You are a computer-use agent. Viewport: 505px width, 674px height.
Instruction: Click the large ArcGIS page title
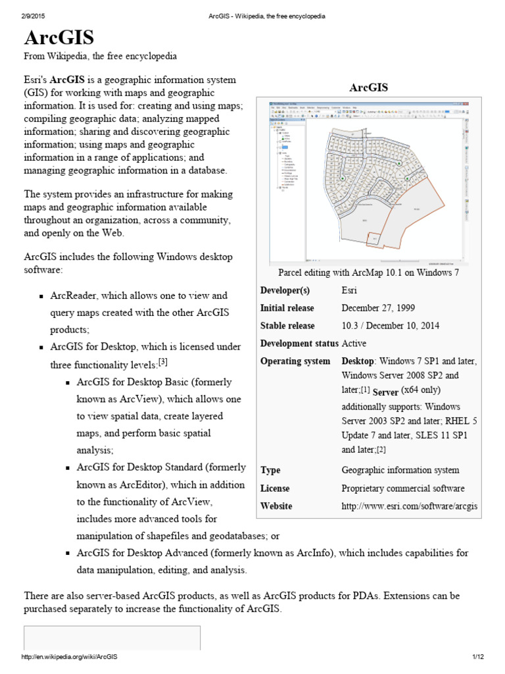click(59, 36)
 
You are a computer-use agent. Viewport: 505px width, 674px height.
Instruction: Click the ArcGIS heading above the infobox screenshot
click(368, 88)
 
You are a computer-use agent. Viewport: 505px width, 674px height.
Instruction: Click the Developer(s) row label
click(285, 290)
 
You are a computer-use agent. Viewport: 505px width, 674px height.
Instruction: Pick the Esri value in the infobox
click(350, 290)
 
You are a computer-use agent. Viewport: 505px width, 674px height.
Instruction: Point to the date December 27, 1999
click(377, 308)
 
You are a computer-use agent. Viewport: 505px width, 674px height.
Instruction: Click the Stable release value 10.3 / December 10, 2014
click(391, 326)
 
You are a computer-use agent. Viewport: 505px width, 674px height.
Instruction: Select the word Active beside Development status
click(354, 344)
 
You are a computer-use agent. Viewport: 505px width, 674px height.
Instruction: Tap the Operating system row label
click(295, 361)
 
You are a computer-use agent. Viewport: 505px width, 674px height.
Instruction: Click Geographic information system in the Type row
click(400, 471)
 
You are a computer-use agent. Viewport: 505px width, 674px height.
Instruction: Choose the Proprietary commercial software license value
click(403, 488)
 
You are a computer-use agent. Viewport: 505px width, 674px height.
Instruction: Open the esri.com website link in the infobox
click(409, 506)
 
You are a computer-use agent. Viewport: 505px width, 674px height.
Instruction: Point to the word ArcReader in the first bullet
click(74, 296)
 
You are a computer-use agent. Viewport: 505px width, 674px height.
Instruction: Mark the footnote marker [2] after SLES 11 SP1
click(381, 450)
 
